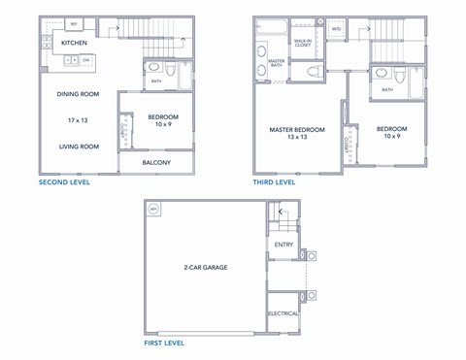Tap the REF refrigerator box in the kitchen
click(75, 22)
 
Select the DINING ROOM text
click(79, 94)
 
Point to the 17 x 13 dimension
click(79, 119)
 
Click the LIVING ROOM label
click(79, 147)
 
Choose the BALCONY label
click(156, 162)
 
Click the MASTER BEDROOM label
click(297, 129)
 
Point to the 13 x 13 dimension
click(297, 138)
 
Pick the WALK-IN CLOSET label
click(302, 43)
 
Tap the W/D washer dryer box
click(337, 29)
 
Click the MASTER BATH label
click(276, 64)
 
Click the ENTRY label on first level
click(283, 245)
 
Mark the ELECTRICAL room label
click(283, 313)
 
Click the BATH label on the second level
click(157, 81)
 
